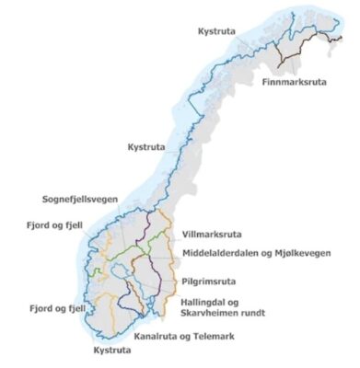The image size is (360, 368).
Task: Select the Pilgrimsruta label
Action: [x=214, y=274]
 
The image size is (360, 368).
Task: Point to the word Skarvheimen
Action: [x=207, y=314]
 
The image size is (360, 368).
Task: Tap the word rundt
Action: [x=253, y=314]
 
